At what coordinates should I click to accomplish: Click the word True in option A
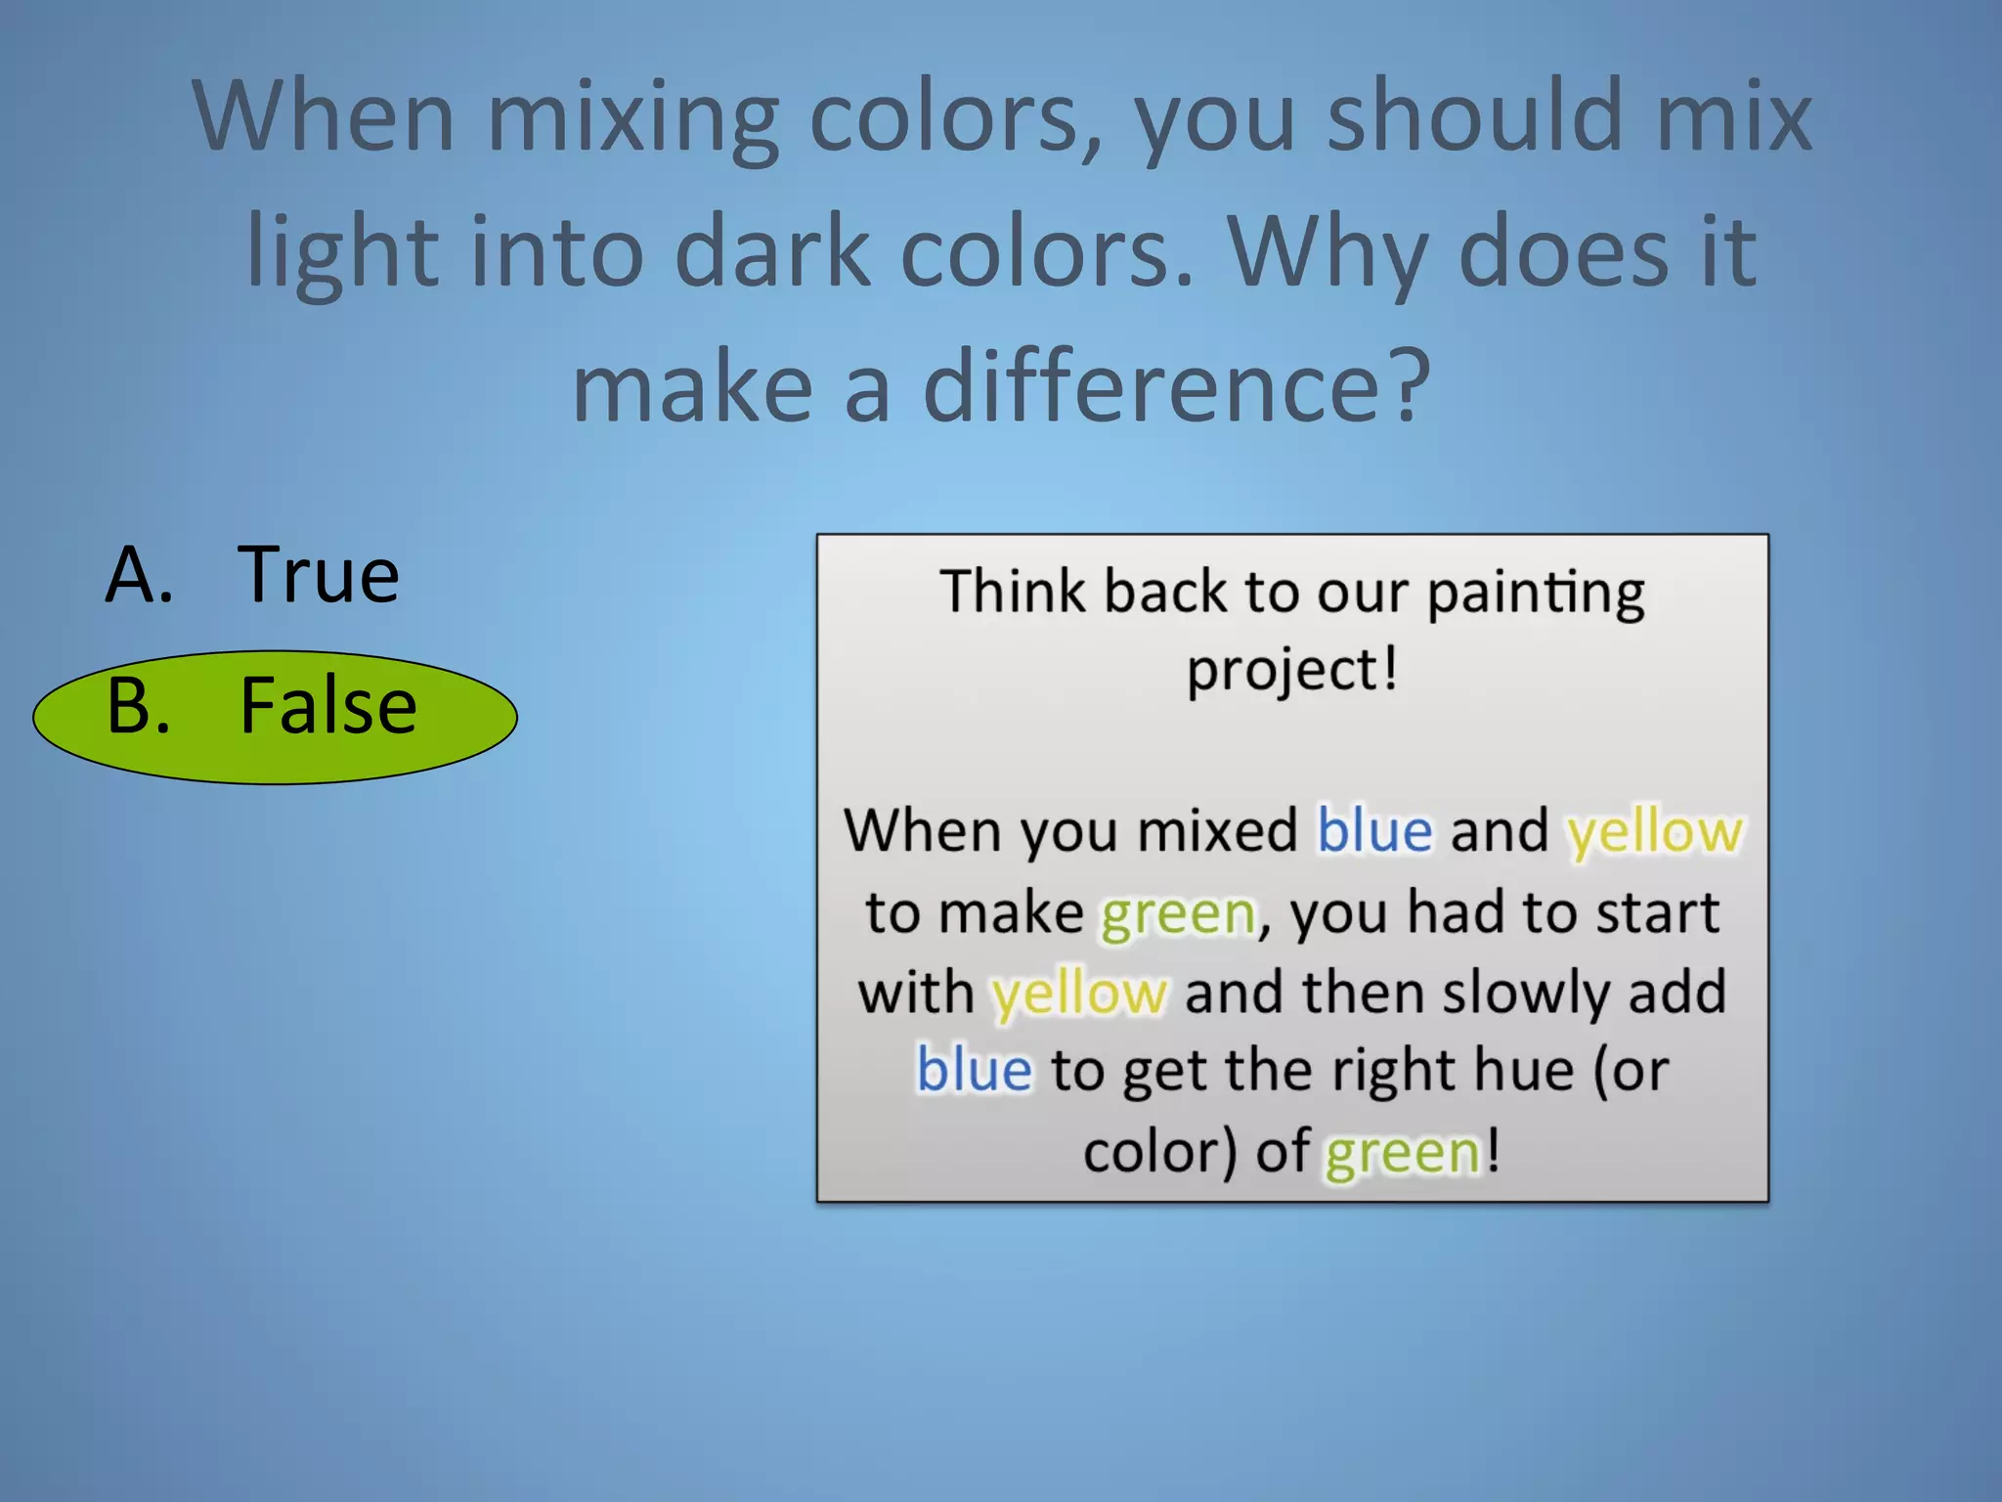(x=319, y=575)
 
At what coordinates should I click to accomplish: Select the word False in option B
(x=328, y=706)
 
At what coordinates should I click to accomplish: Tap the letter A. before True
(x=140, y=575)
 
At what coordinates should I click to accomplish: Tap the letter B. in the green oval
(x=140, y=706)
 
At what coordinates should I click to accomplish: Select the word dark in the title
(x=772, y=252)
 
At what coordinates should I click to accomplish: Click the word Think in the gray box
(x=1013, y=592)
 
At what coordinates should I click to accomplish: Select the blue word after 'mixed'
(x=1374, y=831)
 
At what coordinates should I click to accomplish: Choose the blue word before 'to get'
(x=974, y=1070)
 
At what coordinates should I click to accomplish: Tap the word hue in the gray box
(x=1524, y=1070)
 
